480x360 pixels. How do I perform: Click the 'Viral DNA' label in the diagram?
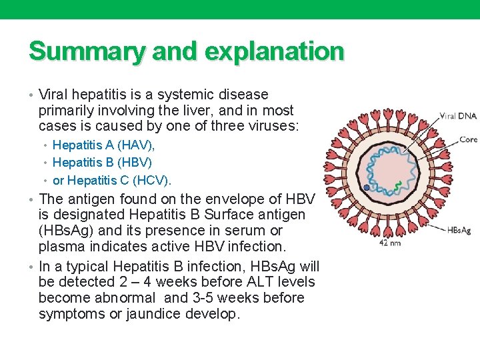coord(458,116)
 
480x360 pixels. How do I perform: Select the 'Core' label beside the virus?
coord(468,139)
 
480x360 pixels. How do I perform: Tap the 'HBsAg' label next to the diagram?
coord(459,231)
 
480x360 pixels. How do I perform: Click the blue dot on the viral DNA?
coord(367,188)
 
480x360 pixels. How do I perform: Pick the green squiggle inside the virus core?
coord(397,186)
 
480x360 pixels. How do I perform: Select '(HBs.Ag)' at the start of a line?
coord(66,231)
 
